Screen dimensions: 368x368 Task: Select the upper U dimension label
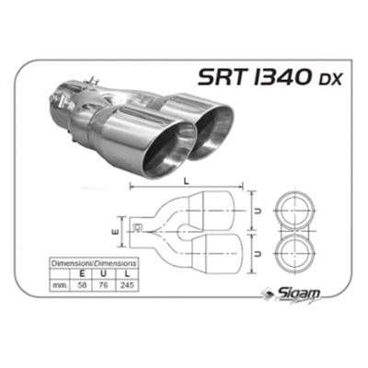[262, 210]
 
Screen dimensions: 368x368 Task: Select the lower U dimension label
[262, 249]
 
